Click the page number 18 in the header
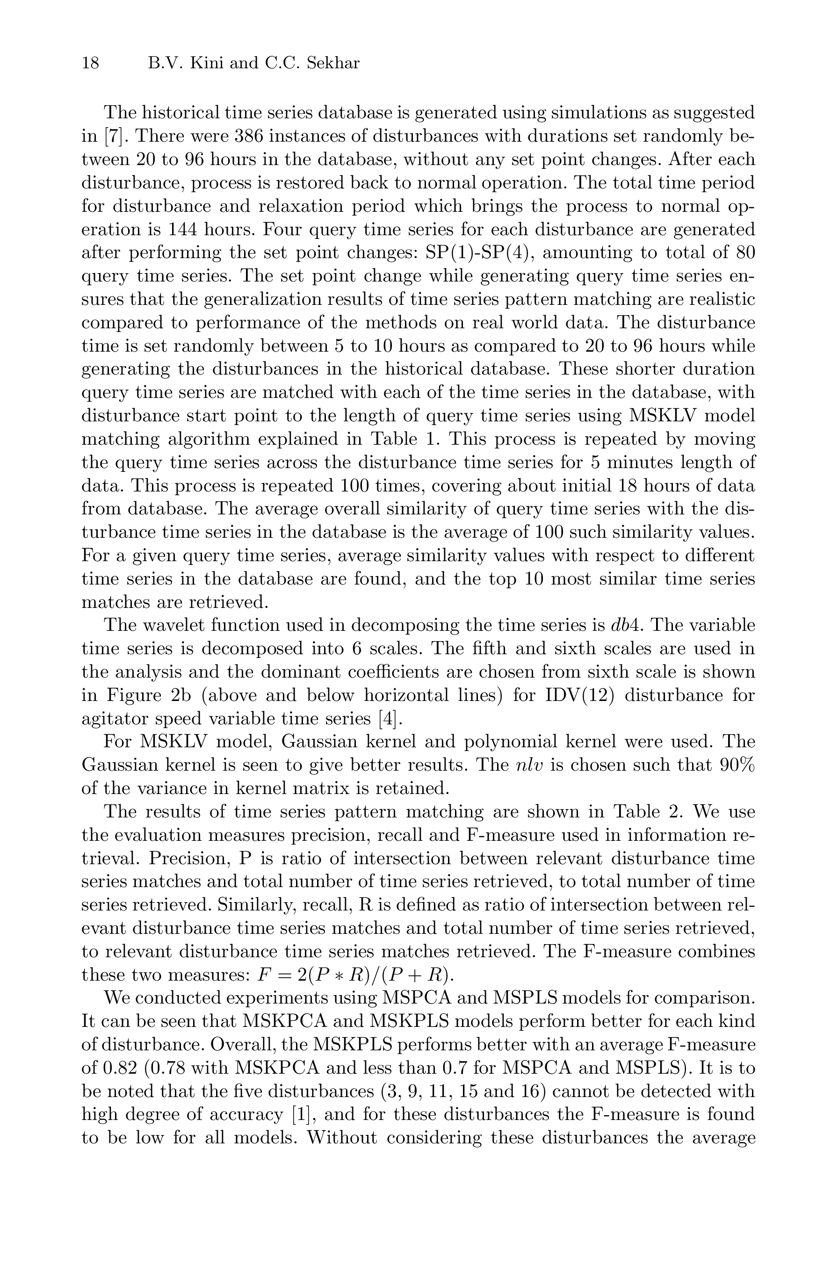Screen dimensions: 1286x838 tap(90, 64)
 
